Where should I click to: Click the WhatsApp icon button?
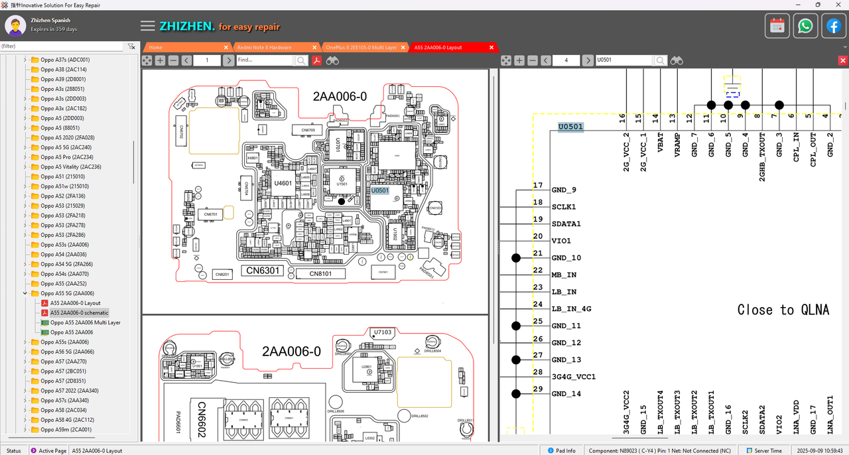tap(805, 26)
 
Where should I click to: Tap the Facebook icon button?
tap(833, 26)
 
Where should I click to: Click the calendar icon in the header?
tap(777, 26)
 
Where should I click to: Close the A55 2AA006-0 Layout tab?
tap(491, 47)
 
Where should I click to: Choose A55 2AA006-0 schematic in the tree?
tap(79, 312)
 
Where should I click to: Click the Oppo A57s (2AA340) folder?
tap(64, 401)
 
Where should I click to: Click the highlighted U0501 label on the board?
tap(379, 190)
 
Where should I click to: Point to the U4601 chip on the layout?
tap(283, 183)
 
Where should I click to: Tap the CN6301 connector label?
tap(265, 271)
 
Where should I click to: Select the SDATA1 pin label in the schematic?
tap(566, 224)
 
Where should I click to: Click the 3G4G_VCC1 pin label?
tap(573, 377)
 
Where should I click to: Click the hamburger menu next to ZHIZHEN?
tap(148, 26)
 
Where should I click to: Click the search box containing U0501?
tap(623, 60)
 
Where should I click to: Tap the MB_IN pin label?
tap(564, 275)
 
